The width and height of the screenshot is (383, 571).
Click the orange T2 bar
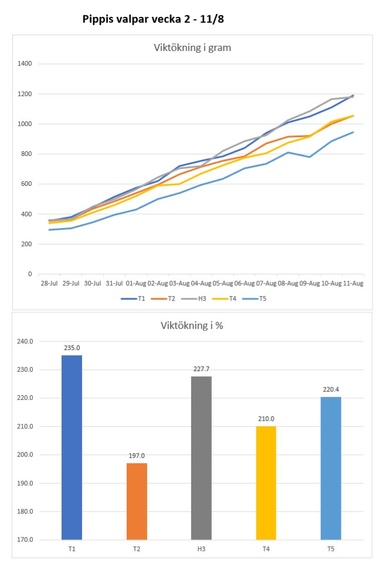coord(137,501)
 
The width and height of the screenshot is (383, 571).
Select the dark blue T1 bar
coord(72,447)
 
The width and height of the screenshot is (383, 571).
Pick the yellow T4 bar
coord(266,482)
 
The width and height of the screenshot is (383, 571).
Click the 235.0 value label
coord(72,347)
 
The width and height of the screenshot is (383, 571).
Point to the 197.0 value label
coord(137,455)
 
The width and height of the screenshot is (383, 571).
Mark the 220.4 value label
coord(331,389)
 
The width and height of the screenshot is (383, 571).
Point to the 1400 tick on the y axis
coord(25,64)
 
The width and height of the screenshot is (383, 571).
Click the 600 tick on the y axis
coord(27,184)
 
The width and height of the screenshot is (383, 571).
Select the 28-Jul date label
coord(48,283)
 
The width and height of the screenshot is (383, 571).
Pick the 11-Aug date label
coord(353,283)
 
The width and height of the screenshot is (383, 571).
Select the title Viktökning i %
coord(191,325)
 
